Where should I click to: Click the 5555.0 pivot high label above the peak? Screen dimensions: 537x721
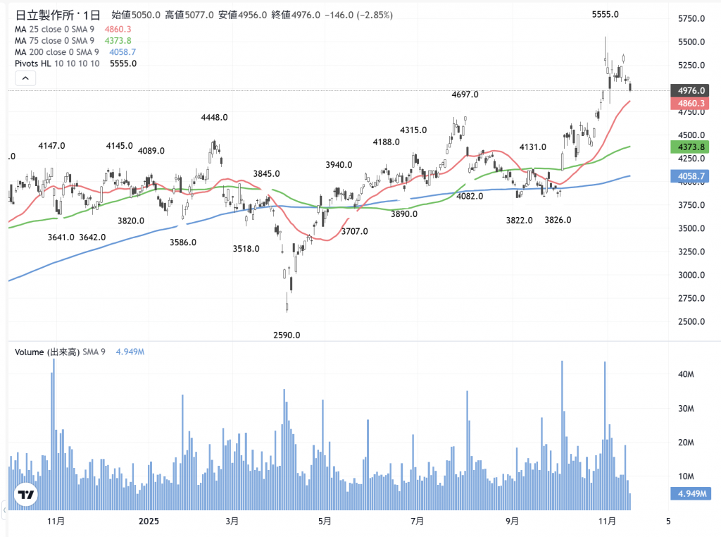click(x=605, y=14)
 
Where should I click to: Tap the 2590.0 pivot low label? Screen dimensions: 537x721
click(x=287, y=335)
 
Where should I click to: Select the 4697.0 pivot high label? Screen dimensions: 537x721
click(x=465, y=94)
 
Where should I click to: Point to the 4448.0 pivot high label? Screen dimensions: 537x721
click(x=213, y=118)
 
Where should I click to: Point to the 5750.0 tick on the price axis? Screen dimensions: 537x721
click(x=691, y=19)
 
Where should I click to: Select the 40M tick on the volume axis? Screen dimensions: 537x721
click(x=686, y=376)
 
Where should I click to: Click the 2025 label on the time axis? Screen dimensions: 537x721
click(x=149, y=521)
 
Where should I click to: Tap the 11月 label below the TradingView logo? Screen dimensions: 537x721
click(x=56, y=521)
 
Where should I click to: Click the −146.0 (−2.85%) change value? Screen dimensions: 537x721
click(x=358, y=16)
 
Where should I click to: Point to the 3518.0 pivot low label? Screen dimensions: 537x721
click(x=246, y=249)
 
